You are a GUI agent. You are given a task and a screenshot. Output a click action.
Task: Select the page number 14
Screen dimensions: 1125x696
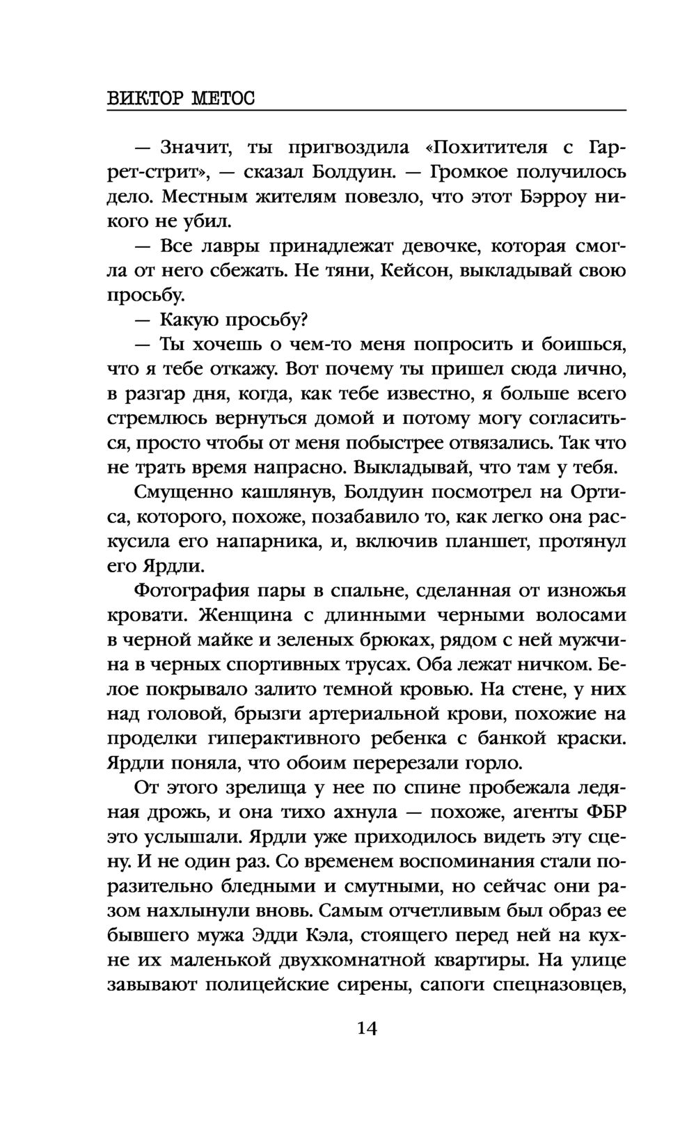pos(366,1028)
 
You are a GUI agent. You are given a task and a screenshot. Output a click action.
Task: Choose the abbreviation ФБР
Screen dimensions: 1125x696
pos(602,812)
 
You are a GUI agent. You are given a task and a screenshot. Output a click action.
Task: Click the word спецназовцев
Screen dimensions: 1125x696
pos(557,985)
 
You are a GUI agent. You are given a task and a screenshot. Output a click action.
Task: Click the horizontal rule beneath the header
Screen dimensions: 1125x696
pos(366,110)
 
